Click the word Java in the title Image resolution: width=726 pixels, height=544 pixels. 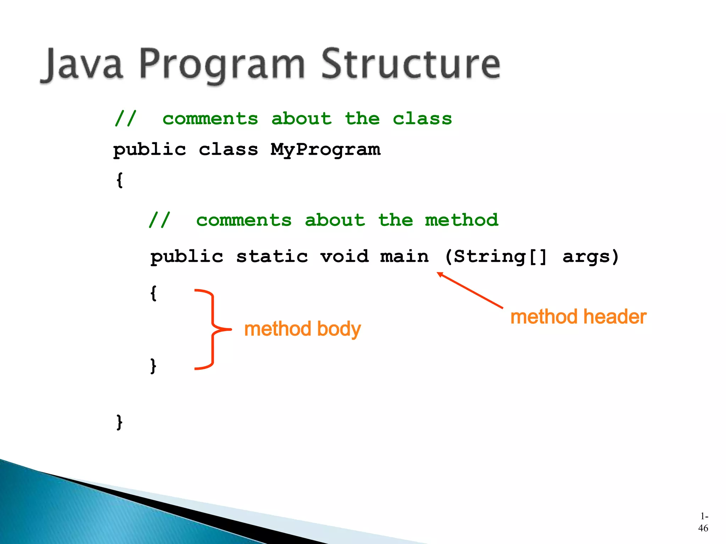[x=82, y=65]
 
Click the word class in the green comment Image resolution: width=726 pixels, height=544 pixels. [x=422, y=119]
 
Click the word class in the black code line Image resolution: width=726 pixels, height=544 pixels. [x=228, y=149]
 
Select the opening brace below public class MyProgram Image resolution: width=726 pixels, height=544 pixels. [x=120, y=180]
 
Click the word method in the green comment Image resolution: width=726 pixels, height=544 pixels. [x=462, y=220]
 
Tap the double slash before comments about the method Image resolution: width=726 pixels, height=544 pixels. [x=159, y=220]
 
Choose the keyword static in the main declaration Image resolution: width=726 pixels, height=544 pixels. [x=272, y=256]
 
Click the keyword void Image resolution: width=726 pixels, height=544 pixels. [x=344, y=256]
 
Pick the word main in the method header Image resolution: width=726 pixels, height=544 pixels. [x=404, y=256]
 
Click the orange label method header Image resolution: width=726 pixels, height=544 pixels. [x=578, y=317]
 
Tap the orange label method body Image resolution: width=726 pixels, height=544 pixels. [x=302, y=329]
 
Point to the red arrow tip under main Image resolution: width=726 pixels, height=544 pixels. [x=439, y=273]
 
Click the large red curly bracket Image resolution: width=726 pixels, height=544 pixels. [x=212, y=329]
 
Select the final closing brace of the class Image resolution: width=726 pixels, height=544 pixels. [x=120, y=422]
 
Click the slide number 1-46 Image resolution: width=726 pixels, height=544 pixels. [x=703, y=522]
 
